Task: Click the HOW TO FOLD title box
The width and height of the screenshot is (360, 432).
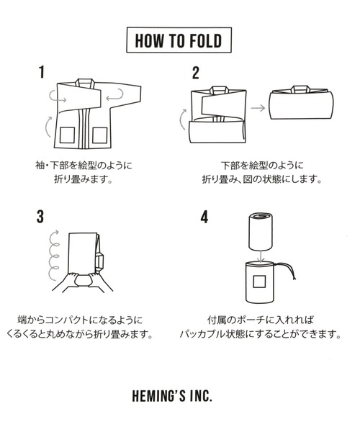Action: click(x=179, y=40)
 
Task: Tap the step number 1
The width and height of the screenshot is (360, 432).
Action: click(x=42, y=72)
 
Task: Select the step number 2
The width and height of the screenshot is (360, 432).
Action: click(x=196, y=73)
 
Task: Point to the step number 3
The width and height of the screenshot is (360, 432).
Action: click(x=40, y=217)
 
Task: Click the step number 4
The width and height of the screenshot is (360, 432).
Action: click(x=204, y=217)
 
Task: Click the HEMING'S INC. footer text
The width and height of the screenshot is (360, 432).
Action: click(x=172, y=396)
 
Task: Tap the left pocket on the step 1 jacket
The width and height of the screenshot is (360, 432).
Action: click(x=67, y=135)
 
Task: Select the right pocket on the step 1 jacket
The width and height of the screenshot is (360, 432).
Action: click(x=99, y=135)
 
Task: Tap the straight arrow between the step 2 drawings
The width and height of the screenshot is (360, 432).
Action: click(x=258, y=108)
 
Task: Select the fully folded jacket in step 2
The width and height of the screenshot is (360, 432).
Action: click(x=302, y=102)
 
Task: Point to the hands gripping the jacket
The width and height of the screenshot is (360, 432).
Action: click(x=83, y=282)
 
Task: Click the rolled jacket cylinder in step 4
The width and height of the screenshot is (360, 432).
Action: click(x=261, y=232)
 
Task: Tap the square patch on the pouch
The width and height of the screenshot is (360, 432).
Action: click(x=259, y=282)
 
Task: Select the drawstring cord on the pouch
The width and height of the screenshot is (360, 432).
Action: click(x=287, y=271)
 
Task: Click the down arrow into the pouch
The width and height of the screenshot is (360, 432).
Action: click(x=261, y=256)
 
